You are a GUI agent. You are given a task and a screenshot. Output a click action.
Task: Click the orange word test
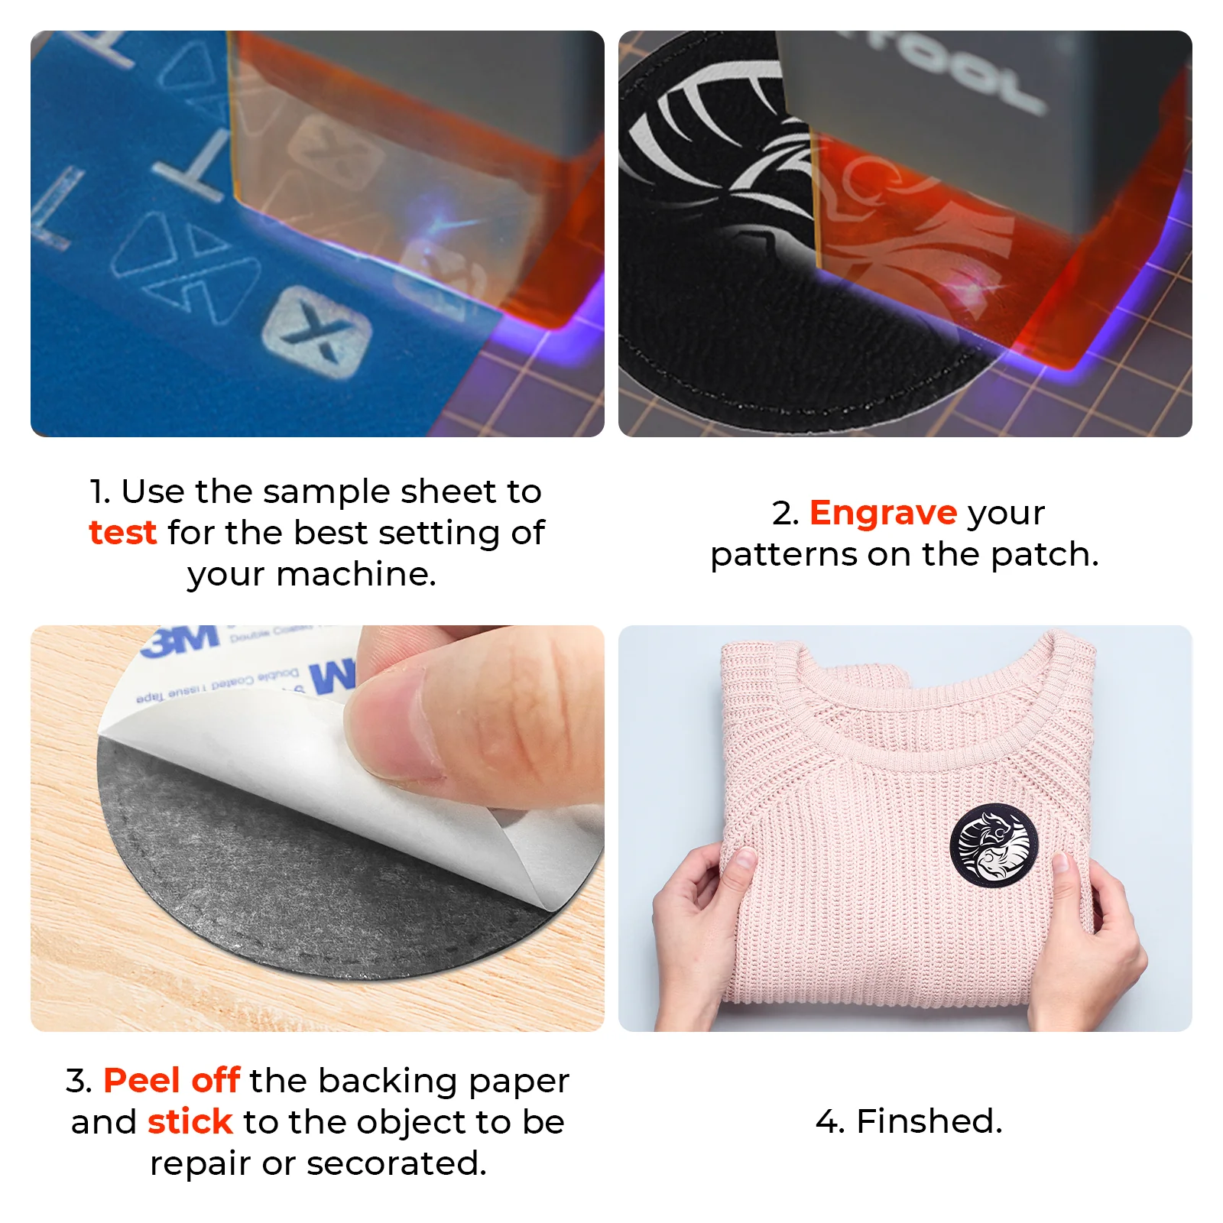click(x=122, y=533)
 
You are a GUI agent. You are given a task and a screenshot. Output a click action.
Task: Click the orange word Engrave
click(x=883, y=513)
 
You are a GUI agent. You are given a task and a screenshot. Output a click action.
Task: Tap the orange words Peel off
click(x=172, y=1081)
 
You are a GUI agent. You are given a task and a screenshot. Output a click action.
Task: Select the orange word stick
click(x=190, y=1122)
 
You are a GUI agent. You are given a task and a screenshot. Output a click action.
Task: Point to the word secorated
click(x=396, y=1163)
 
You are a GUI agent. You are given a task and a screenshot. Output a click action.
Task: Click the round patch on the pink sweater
click(x=994, y=845)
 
